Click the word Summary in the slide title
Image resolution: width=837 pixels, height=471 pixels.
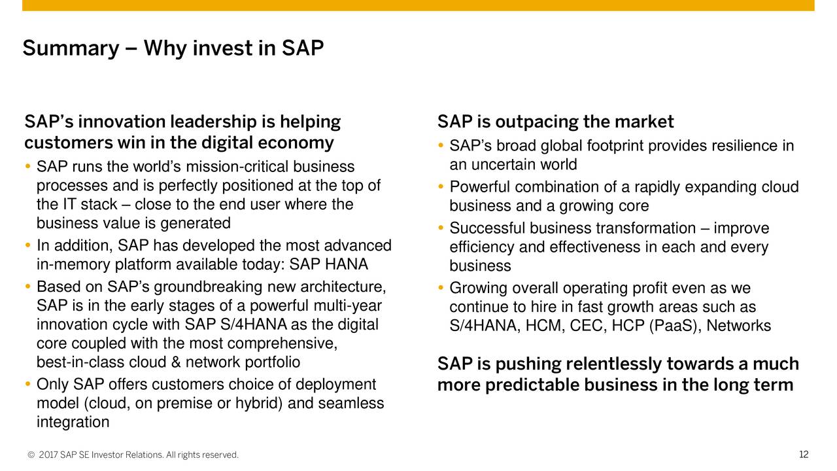71,49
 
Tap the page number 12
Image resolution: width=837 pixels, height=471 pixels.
804,454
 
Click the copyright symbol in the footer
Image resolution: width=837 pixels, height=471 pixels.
31,455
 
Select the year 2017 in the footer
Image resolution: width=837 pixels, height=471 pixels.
48,455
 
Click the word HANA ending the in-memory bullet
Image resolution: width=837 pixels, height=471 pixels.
346,264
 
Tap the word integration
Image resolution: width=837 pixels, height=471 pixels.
73,423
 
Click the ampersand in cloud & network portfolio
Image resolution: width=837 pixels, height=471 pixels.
175,362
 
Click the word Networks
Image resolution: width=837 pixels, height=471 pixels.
738,326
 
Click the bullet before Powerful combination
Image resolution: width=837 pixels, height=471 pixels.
441,186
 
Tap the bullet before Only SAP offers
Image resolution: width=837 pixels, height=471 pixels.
27,384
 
